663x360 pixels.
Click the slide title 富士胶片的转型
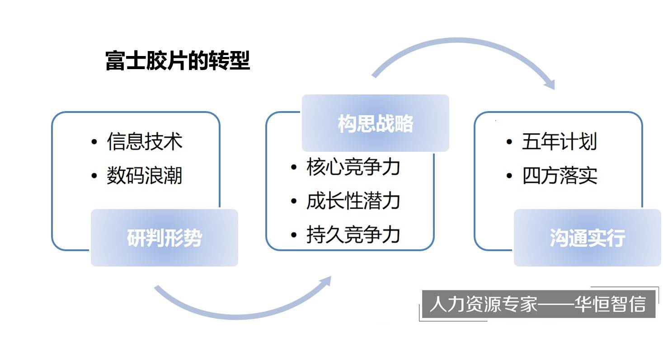coord(177,61)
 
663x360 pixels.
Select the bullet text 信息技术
coord(145,141)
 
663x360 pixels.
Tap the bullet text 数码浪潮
coord(145,175)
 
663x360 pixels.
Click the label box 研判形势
coord(164,238)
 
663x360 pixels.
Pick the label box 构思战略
coord(375,123)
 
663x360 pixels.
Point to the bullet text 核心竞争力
coord(353,167)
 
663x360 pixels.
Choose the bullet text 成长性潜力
coord(353,201)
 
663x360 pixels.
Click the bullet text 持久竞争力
coord(353,235)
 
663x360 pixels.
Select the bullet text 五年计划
coord(560,141)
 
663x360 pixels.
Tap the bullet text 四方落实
coord(560,175)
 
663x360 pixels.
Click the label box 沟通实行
coord(587,238)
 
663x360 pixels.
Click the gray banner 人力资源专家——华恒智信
coord(538,304)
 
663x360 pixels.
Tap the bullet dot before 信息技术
coord(94,142)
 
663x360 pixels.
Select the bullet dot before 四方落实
coord(509,176)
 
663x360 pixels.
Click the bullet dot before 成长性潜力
coord(294,201)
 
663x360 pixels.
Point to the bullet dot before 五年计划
coord(509,142)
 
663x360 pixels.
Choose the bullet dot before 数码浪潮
coord(94,176)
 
